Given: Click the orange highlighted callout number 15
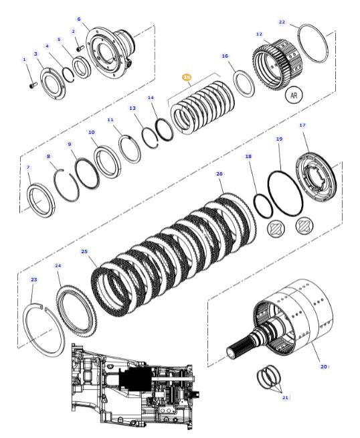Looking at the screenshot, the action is coord(187,77).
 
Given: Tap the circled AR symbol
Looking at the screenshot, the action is coord(294,95).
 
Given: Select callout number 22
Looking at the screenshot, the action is coord(282,22).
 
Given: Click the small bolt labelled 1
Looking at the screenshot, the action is coord(33,84).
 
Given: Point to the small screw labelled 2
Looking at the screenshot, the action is coord(80,49).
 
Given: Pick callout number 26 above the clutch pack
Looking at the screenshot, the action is coord(219,173).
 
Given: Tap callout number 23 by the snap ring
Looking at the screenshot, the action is coord(33,279).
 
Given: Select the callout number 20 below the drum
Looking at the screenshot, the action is coord(323,366).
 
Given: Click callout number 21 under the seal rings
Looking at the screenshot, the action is coord(285,397).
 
